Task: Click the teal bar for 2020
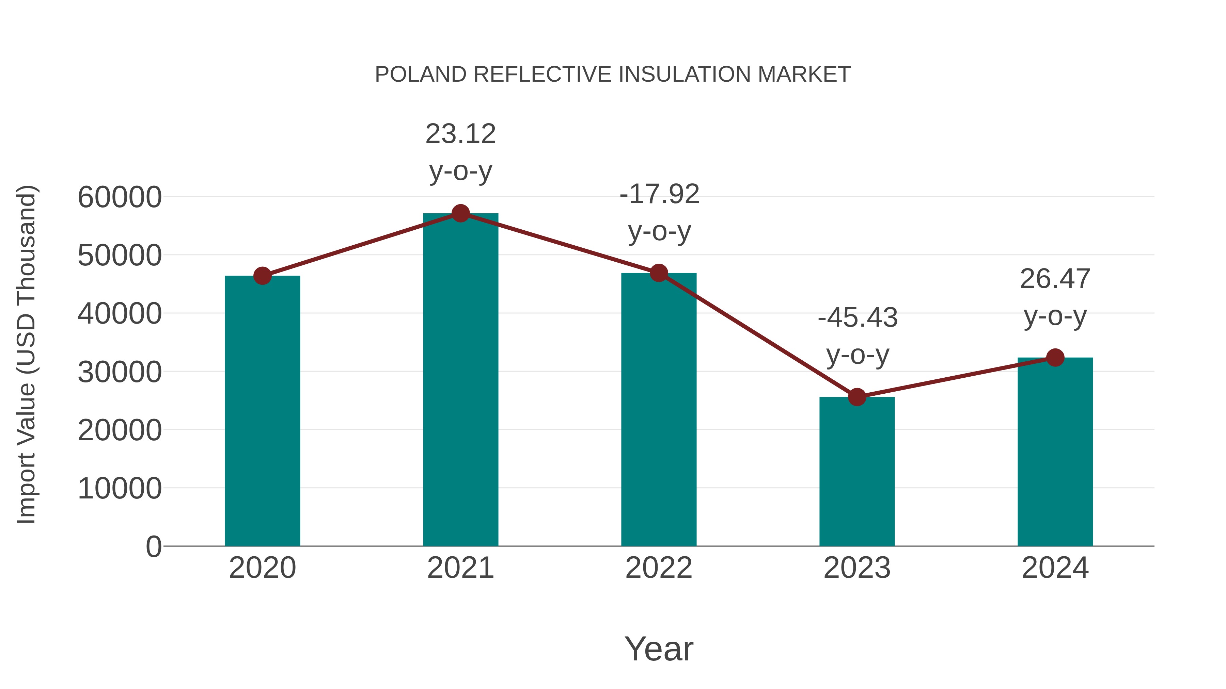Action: pos(262,411)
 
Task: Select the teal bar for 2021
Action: pos(460,380)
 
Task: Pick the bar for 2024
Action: pos(1055,452)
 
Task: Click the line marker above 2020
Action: pos(262,276)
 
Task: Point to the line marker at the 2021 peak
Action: pos(460,213)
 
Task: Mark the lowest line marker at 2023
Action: pos(857,397)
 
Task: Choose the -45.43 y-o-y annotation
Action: pos(858,336)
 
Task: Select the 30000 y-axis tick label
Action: pos(120,372)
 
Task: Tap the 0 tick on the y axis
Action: pos(153,546)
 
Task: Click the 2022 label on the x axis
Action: pos(659,568)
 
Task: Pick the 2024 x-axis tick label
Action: pos(1055,568)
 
